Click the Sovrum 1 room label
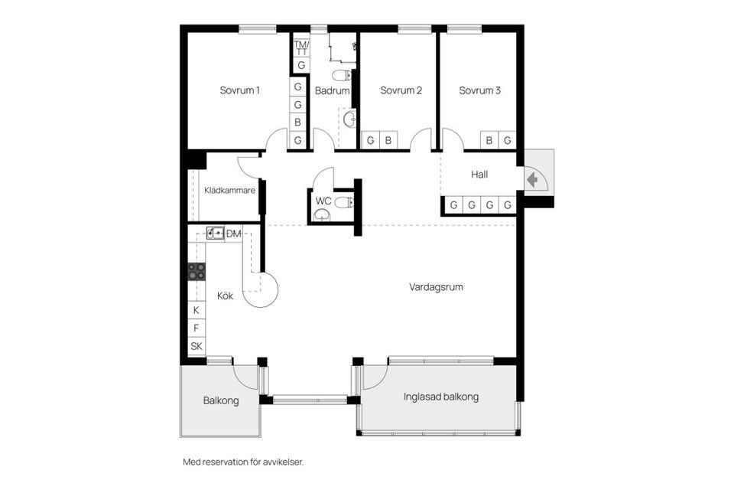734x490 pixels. point(239,90)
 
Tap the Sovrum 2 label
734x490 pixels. point(401,90)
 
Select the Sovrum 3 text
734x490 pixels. point(479,90)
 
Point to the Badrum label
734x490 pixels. point(332,90)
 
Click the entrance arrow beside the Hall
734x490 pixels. point(532,180)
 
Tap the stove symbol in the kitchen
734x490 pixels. point(196,270)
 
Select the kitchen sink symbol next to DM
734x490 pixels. point(215,232)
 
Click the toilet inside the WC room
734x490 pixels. point(344,202)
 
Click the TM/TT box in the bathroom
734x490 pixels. point(300,47)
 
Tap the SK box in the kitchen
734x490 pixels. point(196,346)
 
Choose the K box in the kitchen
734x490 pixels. point(196,310)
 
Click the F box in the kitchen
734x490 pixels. point(196,328)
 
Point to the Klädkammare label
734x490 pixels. point(229,191)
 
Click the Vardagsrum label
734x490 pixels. point(436,287)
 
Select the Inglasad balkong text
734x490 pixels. point(440,397)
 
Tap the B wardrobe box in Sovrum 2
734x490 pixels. point(388,140)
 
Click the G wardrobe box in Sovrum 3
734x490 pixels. point(505,140)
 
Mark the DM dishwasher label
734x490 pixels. point(234,233)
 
